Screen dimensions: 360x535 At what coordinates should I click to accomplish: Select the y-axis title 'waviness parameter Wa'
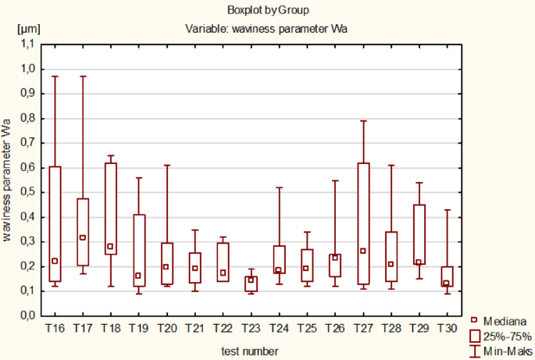click(7, 180)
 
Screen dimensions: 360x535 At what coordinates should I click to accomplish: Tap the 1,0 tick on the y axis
click(28, 70)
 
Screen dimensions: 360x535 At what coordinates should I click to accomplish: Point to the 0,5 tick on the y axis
click(28, 193)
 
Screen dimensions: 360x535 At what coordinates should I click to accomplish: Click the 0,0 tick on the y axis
click(28, 315)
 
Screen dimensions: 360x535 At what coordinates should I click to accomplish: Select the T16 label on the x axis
click(55, 326)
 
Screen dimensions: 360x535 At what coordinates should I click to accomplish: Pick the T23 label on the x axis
click(250, 326)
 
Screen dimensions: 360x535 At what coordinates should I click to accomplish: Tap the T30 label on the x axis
click(446, 326)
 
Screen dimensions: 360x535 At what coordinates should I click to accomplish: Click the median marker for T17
click(83, 237)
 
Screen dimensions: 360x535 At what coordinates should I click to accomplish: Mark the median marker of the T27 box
click(362, 251)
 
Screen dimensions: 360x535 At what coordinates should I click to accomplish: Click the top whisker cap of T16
click(55, 77)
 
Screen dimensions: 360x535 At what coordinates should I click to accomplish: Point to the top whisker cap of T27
click(362, 121)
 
